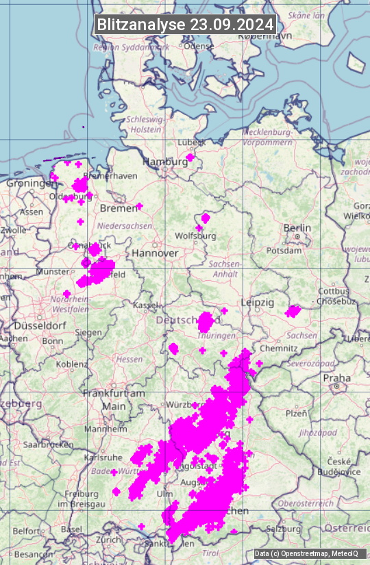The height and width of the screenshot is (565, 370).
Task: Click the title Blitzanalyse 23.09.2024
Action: coord(185,25)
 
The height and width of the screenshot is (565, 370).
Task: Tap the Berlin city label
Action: coord(297,228)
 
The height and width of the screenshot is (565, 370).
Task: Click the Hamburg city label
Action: coord(164,162)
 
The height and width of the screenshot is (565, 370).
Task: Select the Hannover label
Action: coord(155,253)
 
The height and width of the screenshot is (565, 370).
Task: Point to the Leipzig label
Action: coord(258,302)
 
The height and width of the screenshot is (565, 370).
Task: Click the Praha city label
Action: coord(336,377)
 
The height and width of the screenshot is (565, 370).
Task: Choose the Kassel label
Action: coord(145,305)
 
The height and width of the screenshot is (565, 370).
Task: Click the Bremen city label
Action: coord(114,208)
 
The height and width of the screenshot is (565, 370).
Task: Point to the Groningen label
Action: coord(31,184)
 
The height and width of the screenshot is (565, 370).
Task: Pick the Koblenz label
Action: coord(72,364)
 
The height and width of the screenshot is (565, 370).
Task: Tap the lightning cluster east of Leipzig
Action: coord(293,312)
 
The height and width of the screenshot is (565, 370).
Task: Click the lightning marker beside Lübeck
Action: coord(190,157)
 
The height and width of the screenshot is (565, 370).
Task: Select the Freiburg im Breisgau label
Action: coord(82,499)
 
